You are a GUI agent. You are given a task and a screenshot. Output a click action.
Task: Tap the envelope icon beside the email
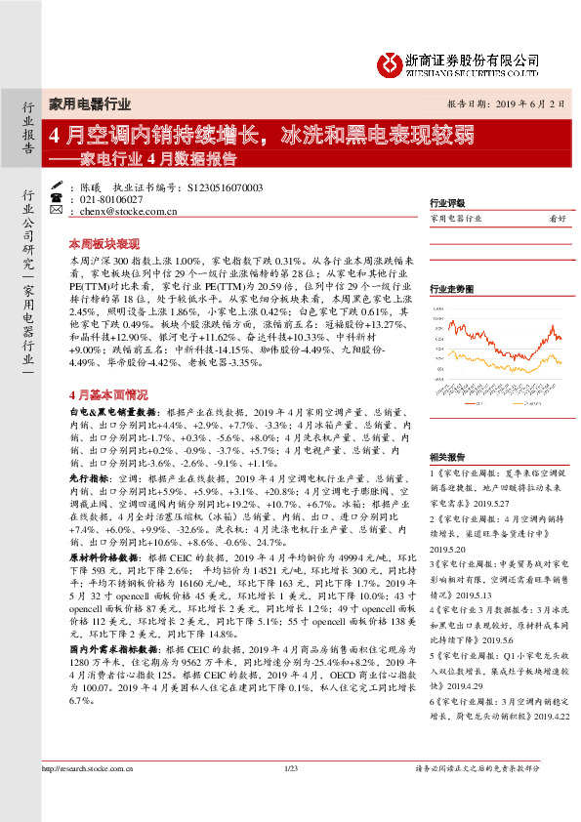tap(55, 210)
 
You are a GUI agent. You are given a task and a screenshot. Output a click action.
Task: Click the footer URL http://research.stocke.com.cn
tap(90, 799)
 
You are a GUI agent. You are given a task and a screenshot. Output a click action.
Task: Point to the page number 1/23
tap(289, 799)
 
